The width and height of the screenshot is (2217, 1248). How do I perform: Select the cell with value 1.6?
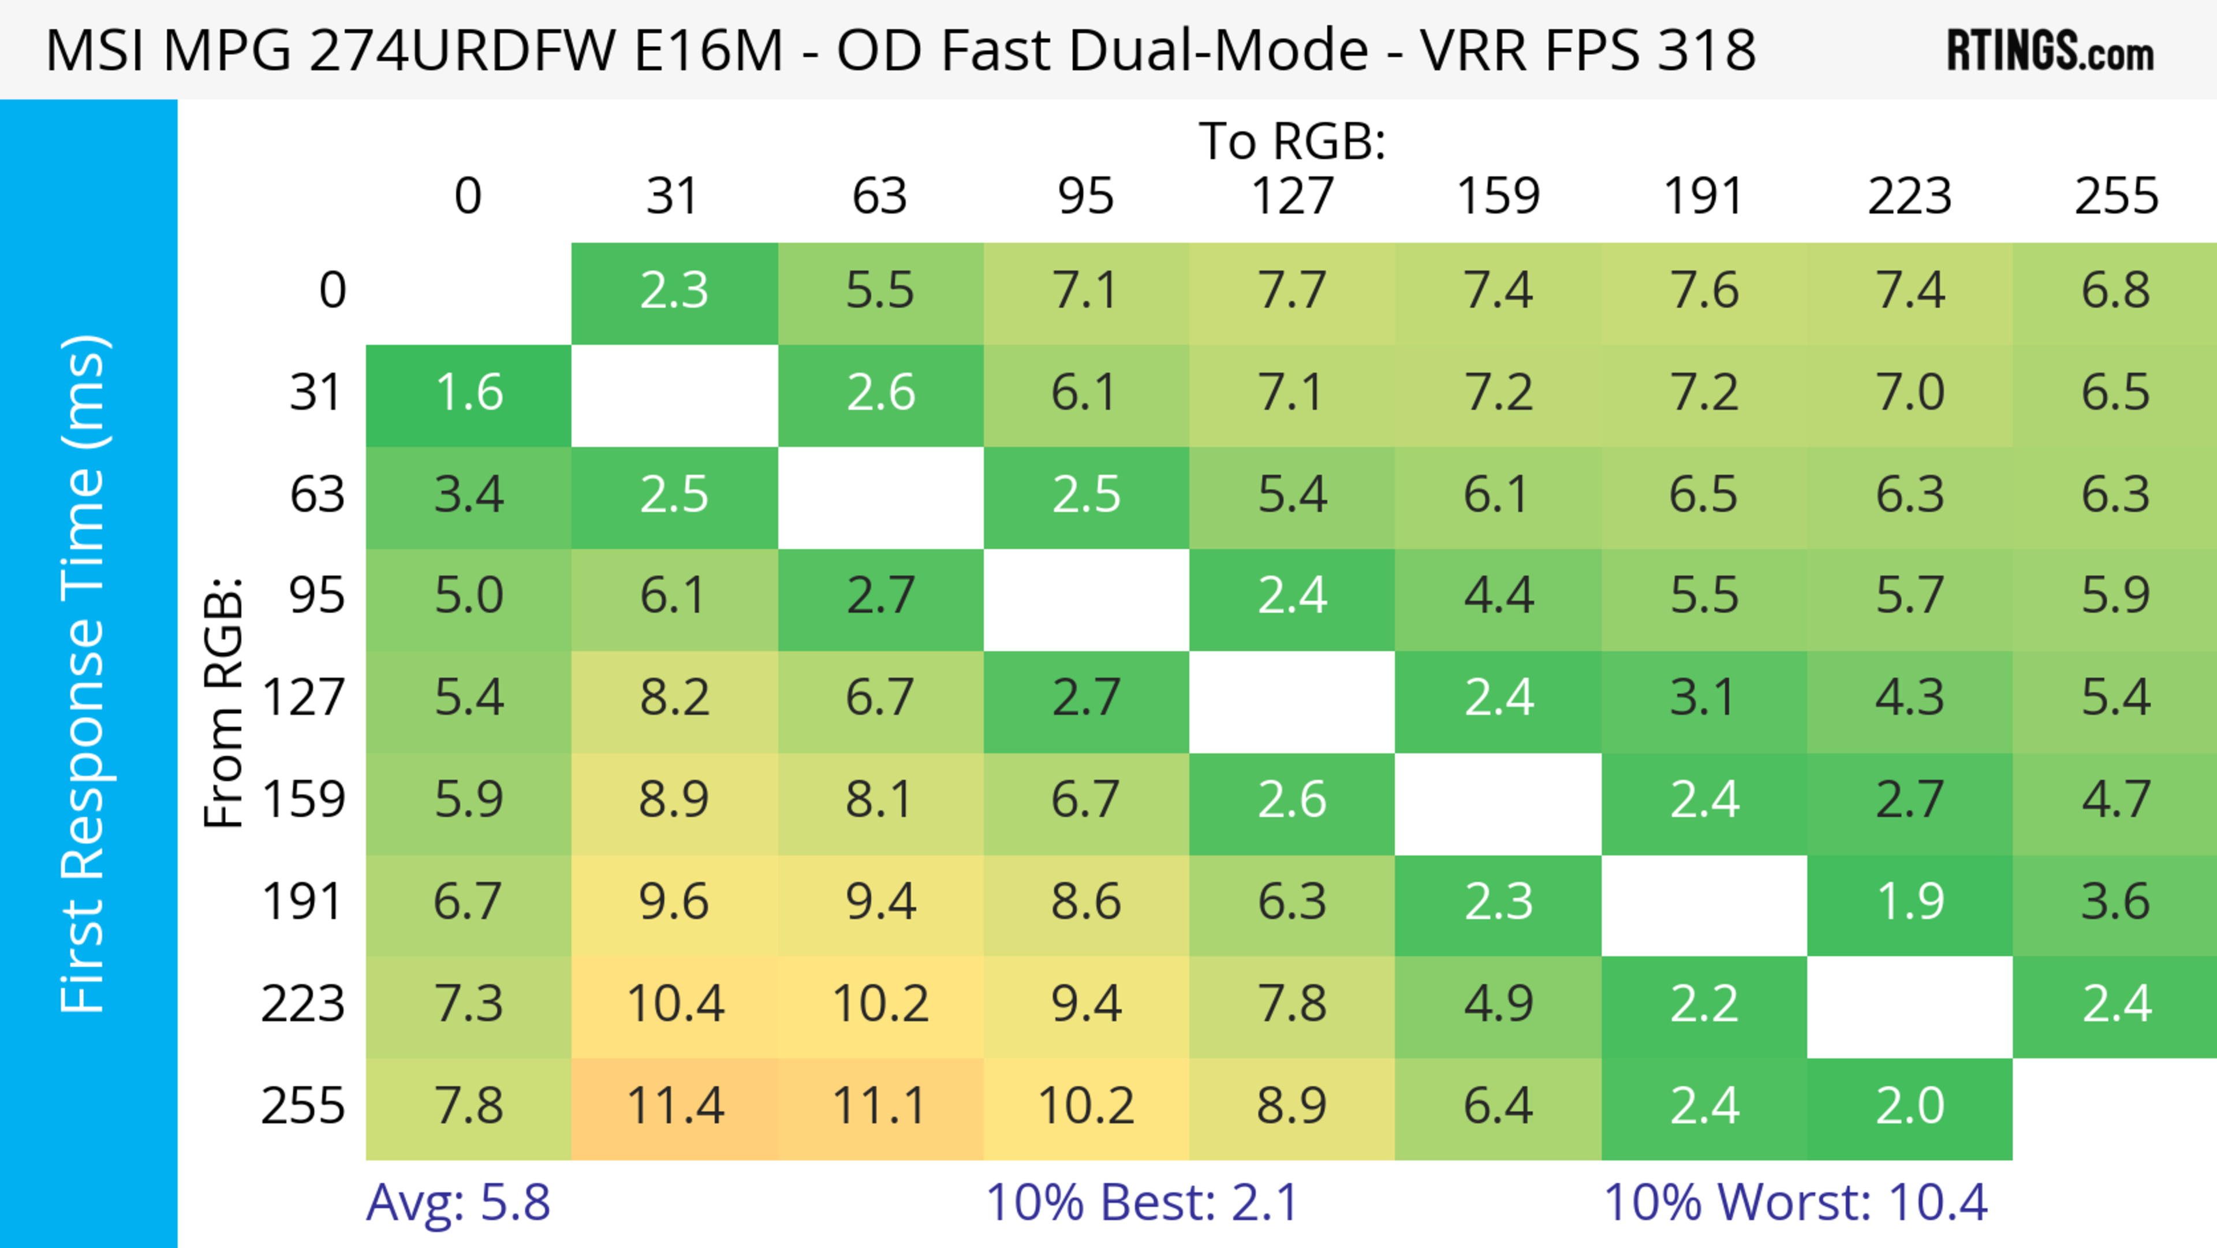click(468, 393)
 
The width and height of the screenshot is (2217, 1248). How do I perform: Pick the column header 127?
click(1292, 196)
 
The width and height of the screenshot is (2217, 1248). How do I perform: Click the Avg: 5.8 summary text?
click(458, 1202)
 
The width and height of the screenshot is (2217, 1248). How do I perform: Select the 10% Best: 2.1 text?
click(1141, 1202)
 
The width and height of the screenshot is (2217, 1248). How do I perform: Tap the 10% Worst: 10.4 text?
click(1796, 1202)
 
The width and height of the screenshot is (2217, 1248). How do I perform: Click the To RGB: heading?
click(1292, 141)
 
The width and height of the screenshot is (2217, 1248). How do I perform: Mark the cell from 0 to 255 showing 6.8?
click(2115, 292)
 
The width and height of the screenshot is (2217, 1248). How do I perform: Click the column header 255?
click(2115, 196)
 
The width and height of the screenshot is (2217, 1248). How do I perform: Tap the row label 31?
click(317, 393)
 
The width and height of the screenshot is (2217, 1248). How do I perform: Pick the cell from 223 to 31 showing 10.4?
click(675, 1004)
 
